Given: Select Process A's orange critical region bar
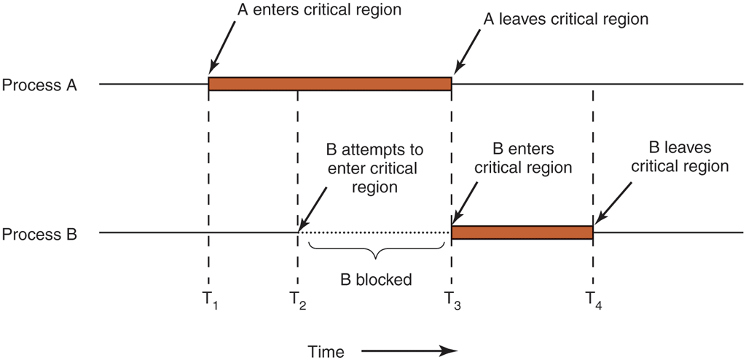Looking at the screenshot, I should (x=330, y=85).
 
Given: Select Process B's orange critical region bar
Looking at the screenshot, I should (x=522, y=232).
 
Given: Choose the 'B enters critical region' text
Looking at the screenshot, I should (x=522, y=158).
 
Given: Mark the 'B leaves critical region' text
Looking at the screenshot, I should (x=680, y=157).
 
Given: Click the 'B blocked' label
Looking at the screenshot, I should (x=376, y=278).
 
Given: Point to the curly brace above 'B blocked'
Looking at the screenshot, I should (x=376, y=251).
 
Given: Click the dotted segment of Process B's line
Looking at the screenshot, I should (x=375, y=233).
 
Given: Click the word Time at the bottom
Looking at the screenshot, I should (x=325, y=351).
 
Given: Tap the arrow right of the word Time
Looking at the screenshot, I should (x=410, y=351).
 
